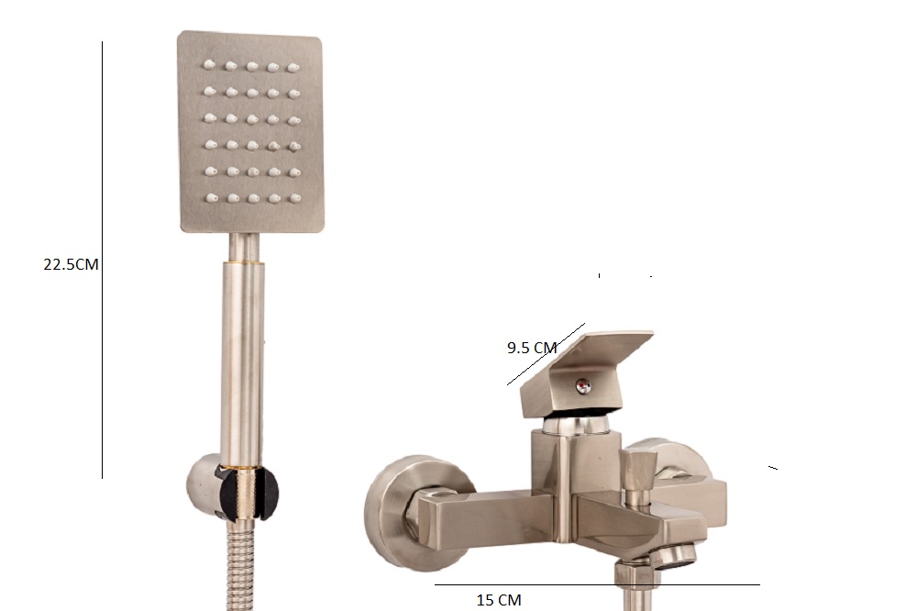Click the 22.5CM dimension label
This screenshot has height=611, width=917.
pos(71,264)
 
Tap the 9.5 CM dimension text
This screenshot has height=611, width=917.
pos(532,349)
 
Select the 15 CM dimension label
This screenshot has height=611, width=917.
pos(499,600)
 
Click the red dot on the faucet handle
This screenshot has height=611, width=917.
pos(582,385)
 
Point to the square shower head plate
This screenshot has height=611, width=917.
pos(250,132)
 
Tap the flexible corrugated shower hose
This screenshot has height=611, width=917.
pos(240,565)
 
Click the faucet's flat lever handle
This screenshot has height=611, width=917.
pos(587,374)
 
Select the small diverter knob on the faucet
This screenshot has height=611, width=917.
pos(637,472)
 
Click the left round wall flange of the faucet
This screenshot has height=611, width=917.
pos(403,512)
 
